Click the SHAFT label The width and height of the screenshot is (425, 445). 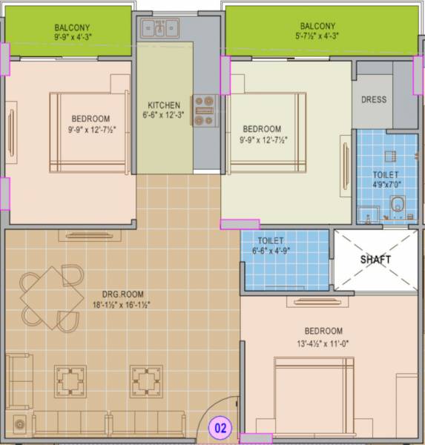click(375, 260)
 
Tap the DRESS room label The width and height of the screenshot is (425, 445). click(374, 100)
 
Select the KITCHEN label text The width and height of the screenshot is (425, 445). click(164, 104)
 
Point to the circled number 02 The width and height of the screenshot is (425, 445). click(220, 427)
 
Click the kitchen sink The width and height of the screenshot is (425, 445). click(162, 29)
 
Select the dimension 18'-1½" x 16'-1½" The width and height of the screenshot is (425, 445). click(111, 304)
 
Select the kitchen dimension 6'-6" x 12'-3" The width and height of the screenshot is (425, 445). click(164, 116)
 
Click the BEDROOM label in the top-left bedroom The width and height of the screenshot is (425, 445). click(90, 119)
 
